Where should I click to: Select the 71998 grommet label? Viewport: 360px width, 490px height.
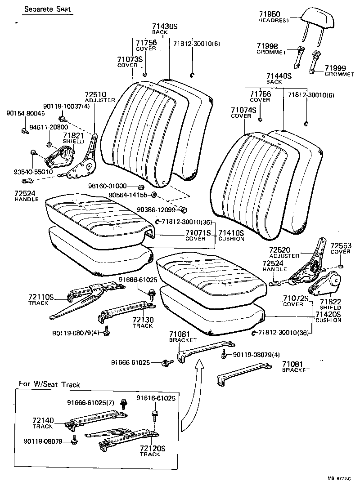267,46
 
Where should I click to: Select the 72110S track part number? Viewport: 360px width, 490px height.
41,297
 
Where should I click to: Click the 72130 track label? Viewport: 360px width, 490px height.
143,320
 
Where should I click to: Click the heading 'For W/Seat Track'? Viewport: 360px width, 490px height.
49,384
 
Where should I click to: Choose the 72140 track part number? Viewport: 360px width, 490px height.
43,420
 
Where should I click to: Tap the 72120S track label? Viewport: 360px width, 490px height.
153,448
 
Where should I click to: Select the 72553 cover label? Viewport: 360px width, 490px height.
341,246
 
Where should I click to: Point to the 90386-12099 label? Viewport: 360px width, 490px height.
155,210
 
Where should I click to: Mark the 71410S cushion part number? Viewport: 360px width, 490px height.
231,233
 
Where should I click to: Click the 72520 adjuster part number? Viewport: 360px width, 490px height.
279,249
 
